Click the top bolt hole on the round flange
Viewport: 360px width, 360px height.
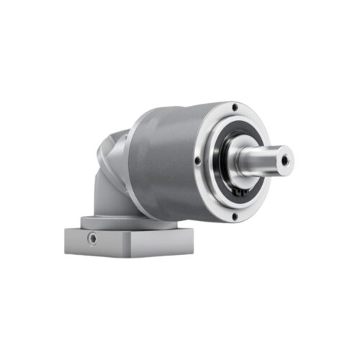click(235, 107)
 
